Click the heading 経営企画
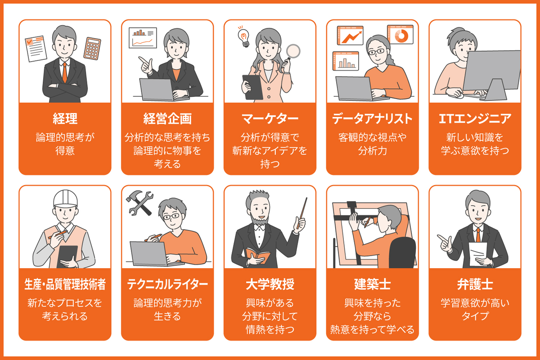[167, 118]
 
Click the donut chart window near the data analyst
[400, 35]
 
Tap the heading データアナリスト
[372, 118]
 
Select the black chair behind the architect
[402, 252]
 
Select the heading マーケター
[270, 118]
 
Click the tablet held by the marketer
[252, 85]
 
